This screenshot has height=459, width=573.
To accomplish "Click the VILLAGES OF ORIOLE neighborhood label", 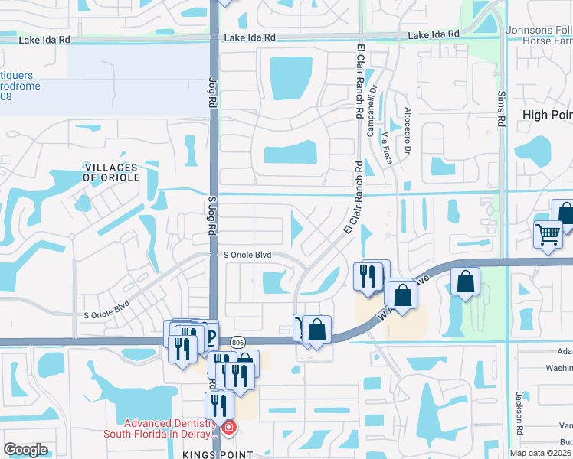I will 111,172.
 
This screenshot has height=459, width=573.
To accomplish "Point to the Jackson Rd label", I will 519,409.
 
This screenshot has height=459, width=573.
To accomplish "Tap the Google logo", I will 25,450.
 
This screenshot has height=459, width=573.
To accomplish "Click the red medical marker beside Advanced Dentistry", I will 227,428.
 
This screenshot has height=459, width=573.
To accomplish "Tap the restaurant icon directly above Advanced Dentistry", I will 218,405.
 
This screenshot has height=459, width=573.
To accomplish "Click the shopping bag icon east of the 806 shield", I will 316,330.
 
